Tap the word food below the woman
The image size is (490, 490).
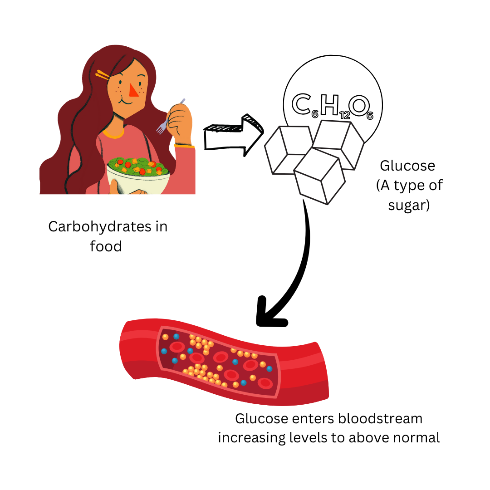point(106,246)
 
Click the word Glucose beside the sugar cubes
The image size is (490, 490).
point(407,166)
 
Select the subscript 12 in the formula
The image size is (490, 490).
point(344,116)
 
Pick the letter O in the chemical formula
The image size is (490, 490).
point(358,105)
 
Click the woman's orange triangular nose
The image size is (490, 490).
point(133,91)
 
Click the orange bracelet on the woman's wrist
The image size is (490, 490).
point(184,146)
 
